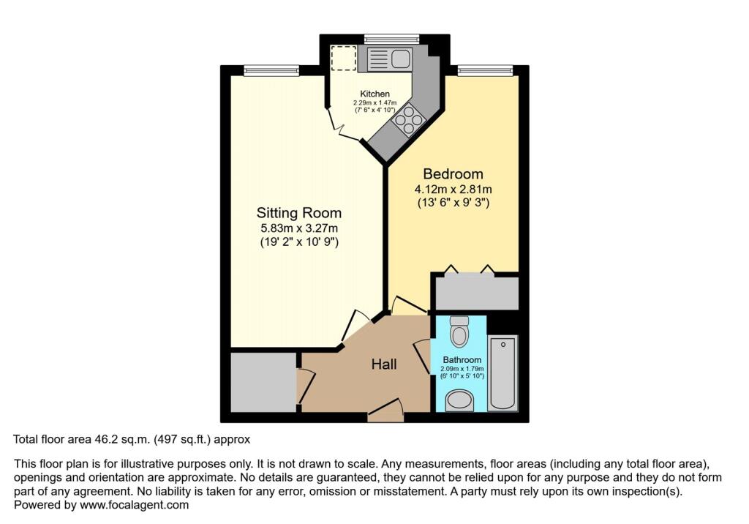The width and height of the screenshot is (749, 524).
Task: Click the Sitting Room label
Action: pyautogui.click(x=298, y=213)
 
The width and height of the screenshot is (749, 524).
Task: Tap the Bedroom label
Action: pyautogui.click(x=453, y=174)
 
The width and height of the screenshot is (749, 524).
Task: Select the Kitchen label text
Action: pyautogui.click(x=374, y=94)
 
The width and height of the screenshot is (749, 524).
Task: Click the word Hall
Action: pyautogui.click(x=384, y=364)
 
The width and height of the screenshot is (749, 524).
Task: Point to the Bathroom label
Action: pyautogui.click(x=462, y=360)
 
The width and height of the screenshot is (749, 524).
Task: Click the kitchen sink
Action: pyautogui.click(x=389, y=59)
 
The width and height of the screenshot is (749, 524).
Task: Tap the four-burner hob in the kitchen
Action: pyautogui.click(x=408, y=119)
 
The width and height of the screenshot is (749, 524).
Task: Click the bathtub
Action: pyautogui.click(x=503, y=372)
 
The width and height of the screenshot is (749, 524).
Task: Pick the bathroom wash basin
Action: pyautogui.click(x=460, y=400)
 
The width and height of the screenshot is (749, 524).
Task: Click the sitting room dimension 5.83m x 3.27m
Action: pyautogui.click(x=298, y=228)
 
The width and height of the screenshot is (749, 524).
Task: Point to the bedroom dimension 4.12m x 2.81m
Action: pyautogui.click(x=453, y=190)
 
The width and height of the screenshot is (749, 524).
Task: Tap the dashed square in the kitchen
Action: pyautogui.click(x=343, y=59)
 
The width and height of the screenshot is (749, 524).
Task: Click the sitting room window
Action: pyautogui.click(x=271, y=70)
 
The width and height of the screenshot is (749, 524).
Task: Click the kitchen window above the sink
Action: pyautogui.click(x=391, y=38)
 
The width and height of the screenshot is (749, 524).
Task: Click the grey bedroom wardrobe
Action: pyautogui.click(x=476, y=292)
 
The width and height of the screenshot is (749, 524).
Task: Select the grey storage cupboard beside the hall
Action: pyautogui.click(x=263, y=382)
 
